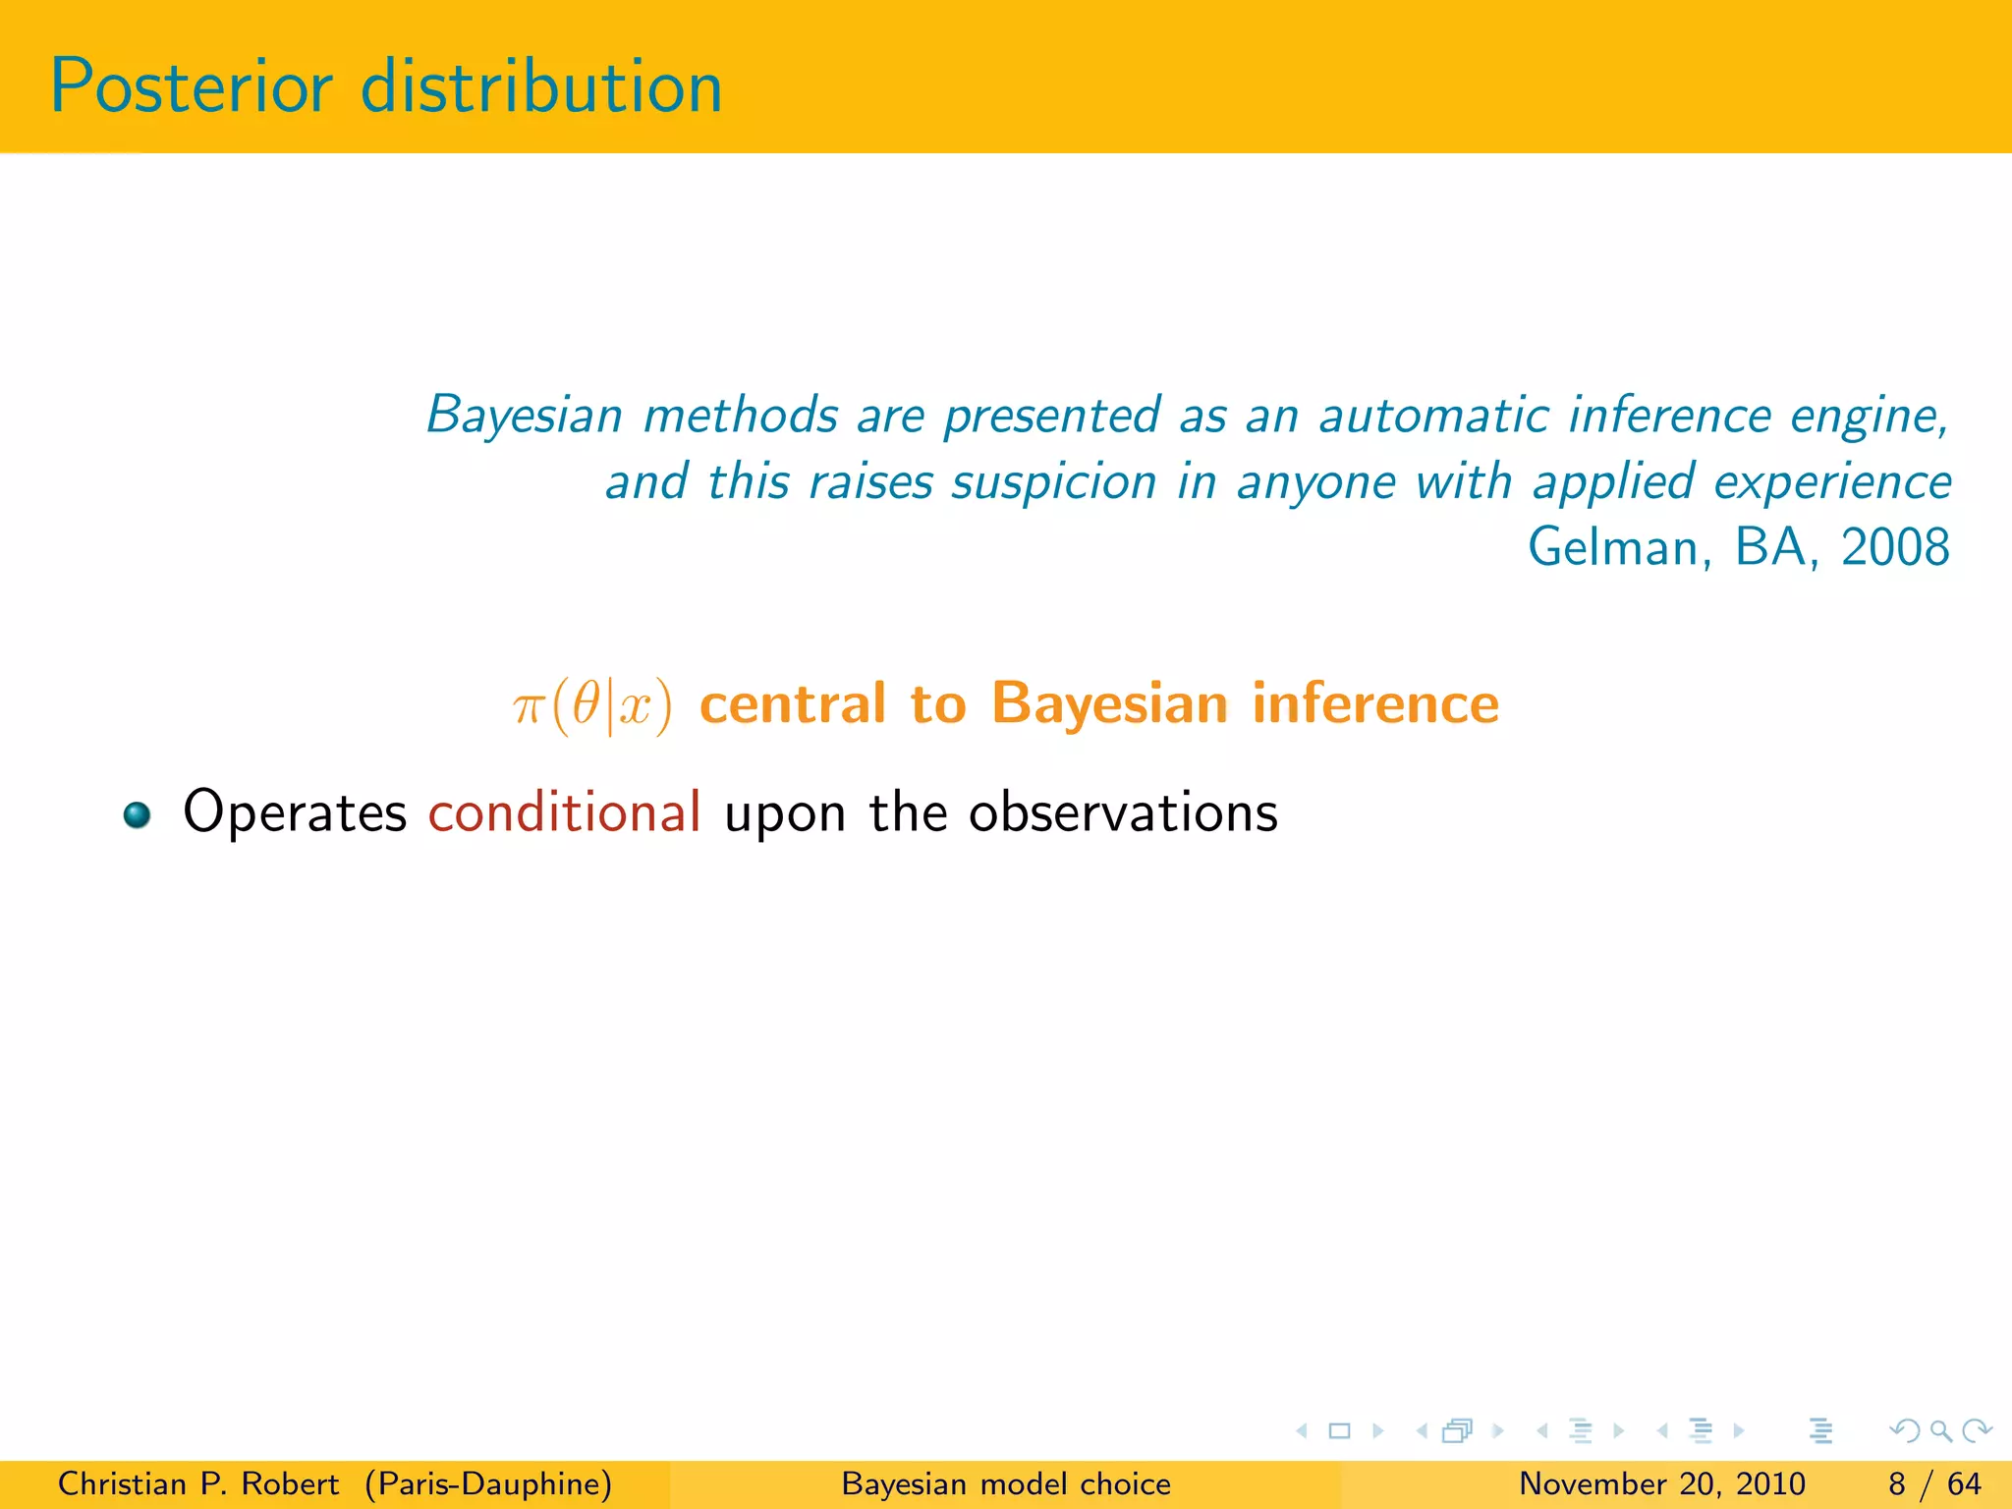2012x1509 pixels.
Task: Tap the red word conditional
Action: tap(564, 812)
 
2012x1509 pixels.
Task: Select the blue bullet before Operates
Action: tap(137, 814)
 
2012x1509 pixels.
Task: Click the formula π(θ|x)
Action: tap(592, 705)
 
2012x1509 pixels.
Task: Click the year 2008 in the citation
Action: tap(1894, 547)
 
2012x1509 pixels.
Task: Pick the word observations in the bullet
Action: tap(1123, 812)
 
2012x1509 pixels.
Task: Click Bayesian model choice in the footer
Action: tap(1006, 1483)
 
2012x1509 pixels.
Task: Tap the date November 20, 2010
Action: tap(1661, 1483)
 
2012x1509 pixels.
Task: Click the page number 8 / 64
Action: tap(1933, 1483)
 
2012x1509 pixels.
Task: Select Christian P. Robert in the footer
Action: tap(197, 1483)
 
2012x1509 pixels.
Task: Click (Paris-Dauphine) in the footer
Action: tap(488, 1483)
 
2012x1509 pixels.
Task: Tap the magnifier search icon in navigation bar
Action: tap(1940, 1431)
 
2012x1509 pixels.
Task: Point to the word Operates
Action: tap(295, 812)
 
